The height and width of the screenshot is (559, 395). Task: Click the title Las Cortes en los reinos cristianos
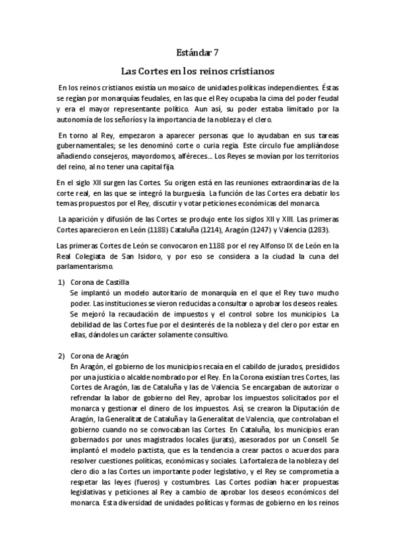click(x=197, y=70)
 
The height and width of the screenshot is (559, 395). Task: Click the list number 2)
click(x=58, y=355)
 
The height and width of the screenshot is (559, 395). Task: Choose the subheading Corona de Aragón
click(x=98, y=355)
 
